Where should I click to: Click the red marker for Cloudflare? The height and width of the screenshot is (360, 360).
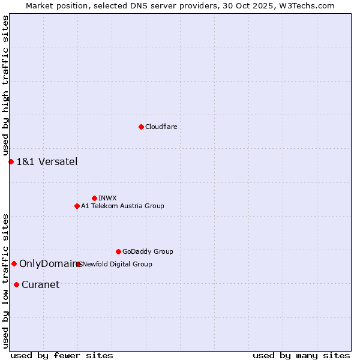141,127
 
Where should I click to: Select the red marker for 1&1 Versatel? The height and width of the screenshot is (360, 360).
11,161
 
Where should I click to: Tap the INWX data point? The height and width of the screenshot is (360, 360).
94,198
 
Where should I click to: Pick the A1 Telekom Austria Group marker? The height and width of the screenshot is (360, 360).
77,206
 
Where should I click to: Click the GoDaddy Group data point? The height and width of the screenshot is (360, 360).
118,251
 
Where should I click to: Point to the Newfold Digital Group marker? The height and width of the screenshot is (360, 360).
79,264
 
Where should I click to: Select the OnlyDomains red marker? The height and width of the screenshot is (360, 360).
14,263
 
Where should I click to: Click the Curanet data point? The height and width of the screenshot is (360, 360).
16,284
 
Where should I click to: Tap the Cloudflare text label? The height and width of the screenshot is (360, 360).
161,127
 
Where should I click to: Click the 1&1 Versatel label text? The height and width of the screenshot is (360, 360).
47,161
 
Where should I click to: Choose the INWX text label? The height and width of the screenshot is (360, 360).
107,198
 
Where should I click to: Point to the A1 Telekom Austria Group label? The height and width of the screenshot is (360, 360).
122,206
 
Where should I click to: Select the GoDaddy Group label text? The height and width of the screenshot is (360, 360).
148,251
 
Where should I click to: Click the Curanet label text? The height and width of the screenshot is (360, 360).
40,284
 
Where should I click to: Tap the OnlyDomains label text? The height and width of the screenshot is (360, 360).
49,263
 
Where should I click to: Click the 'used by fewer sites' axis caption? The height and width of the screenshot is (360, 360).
62,355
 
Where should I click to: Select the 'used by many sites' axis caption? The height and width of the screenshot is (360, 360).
301,355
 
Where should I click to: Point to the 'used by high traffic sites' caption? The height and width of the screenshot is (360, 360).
5,86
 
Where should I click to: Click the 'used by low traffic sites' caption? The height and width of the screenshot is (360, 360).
5,280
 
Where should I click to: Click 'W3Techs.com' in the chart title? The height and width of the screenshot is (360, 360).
304,5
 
